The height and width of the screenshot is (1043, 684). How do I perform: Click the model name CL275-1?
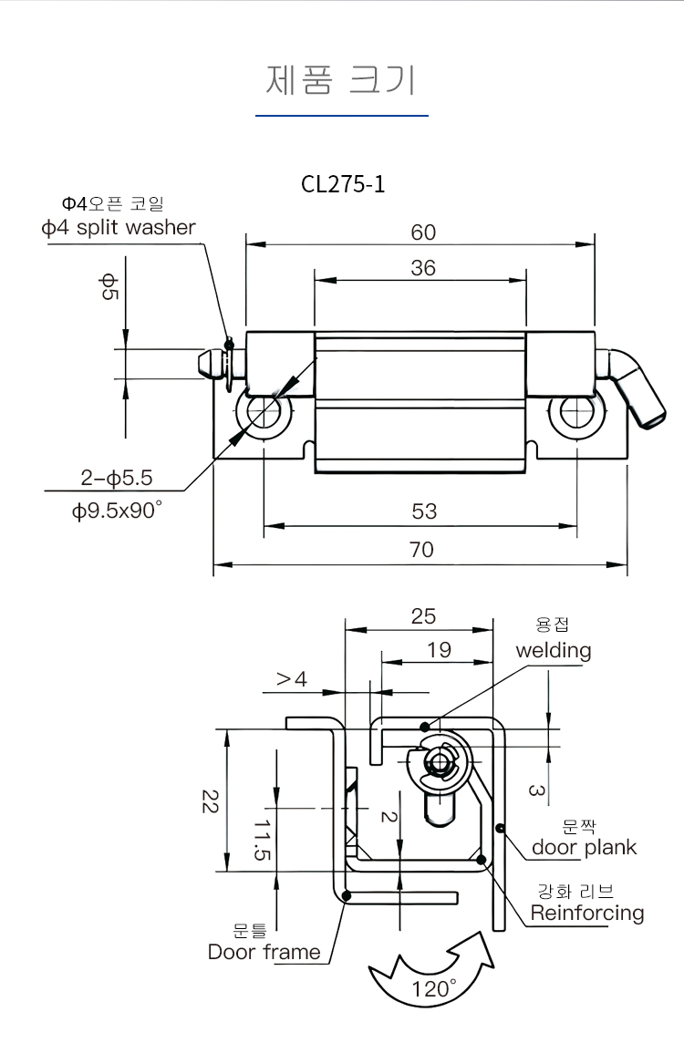343,184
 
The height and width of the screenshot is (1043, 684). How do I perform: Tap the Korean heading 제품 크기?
341,80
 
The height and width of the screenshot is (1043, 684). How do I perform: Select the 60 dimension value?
423,232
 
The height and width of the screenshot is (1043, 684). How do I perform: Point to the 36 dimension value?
423,268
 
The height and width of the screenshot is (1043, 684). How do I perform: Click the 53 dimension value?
424,511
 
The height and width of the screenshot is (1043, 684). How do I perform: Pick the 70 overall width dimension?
422,549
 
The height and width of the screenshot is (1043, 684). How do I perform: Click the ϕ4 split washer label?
119,228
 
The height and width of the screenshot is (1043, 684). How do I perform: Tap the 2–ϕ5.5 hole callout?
116,477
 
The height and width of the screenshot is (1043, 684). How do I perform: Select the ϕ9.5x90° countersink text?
117,511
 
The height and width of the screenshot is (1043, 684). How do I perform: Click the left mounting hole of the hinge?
264,412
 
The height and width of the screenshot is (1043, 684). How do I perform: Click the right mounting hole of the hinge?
575,412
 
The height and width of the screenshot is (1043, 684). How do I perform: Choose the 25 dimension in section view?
423,616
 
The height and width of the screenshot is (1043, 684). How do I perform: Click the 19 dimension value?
439,650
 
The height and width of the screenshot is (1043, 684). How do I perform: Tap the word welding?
554,651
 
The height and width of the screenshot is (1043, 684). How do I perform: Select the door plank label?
584,848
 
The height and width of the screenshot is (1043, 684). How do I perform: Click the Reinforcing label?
587,913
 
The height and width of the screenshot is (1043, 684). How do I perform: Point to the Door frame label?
264,953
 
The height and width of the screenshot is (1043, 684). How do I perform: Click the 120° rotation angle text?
434,989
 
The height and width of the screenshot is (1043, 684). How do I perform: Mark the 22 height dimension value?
209,801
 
